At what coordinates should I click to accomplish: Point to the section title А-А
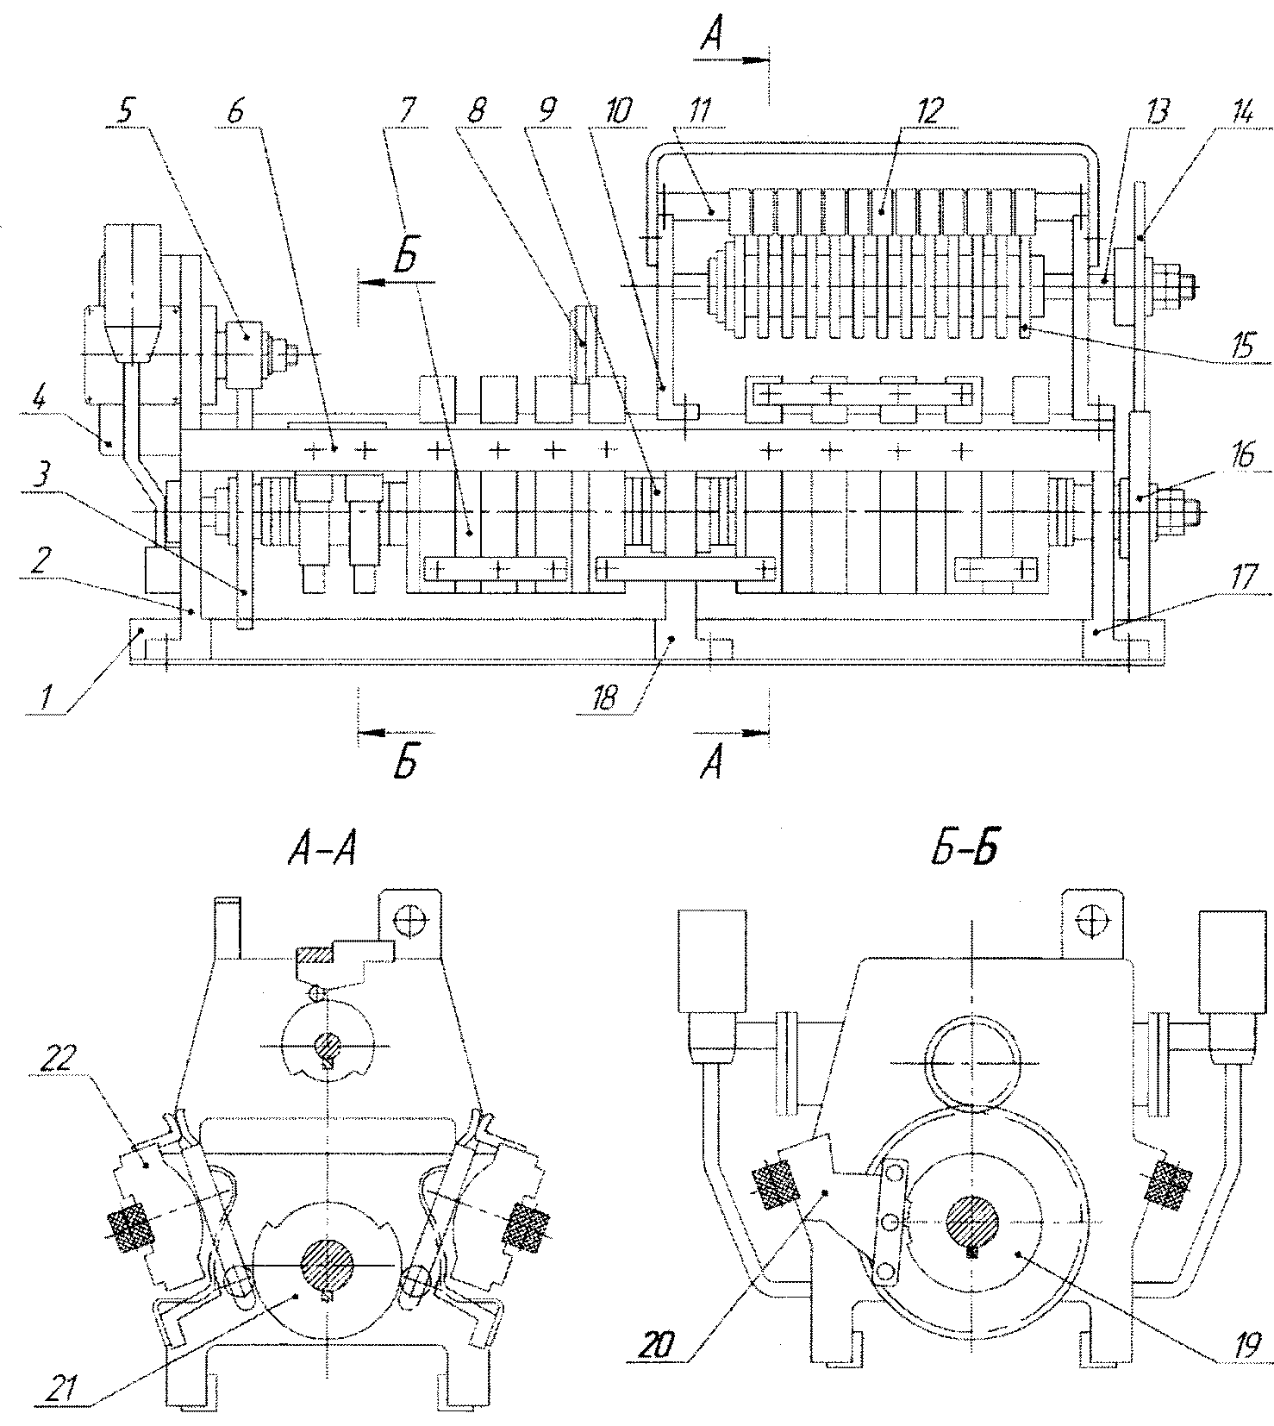pos(321,852)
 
